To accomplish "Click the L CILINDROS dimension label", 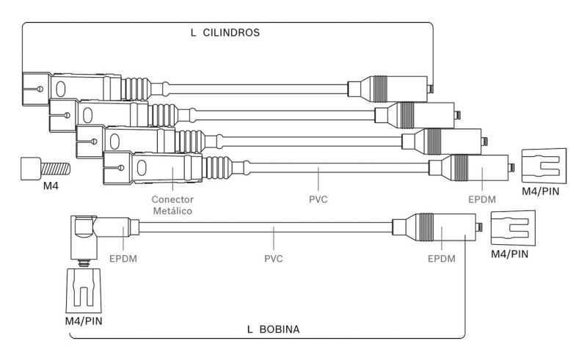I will [x=226, y=33].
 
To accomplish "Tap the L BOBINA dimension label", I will [x=273, y=329].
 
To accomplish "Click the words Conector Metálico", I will [x=172, y=205].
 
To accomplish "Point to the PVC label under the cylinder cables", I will [x=318, y=198].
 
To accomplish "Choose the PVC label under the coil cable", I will [x=274, y=258].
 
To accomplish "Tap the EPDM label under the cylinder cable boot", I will [x=483, y=198].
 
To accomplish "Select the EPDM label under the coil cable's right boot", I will [x=441, y=258].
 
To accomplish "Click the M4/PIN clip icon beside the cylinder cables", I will [x=544, y=166].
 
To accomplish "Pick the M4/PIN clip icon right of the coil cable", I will [x=512, y=228].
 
